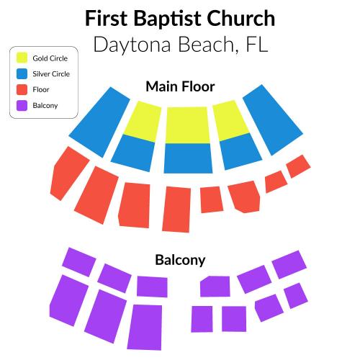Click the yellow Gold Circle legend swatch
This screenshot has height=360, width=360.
pos(22,58)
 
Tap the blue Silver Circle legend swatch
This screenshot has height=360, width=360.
pos(22,73)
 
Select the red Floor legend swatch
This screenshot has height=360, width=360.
pos(22,89)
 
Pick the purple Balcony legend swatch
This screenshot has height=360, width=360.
pos(22,105)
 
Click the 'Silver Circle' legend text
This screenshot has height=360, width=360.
pos(51,74)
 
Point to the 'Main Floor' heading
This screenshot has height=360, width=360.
pos(180,86)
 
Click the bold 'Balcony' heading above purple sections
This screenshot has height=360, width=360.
pos(180,260)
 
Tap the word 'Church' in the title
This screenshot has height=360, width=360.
pos(240,18)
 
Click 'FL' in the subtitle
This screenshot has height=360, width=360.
pos(257,45)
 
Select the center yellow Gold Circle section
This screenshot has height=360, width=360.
pos(187,125)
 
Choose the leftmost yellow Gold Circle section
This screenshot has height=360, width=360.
pos(143,122)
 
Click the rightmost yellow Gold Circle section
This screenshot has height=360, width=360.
pos(230,121)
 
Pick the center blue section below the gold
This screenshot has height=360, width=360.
pos(188,158)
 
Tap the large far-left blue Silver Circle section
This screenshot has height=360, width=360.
pos(99,122)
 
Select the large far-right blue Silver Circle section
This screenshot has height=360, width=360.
pos(273,120)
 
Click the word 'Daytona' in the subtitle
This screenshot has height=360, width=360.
pos(132,45)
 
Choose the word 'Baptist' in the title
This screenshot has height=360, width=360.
pos(167,19)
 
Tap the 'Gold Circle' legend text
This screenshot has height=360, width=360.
pos(50,58)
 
